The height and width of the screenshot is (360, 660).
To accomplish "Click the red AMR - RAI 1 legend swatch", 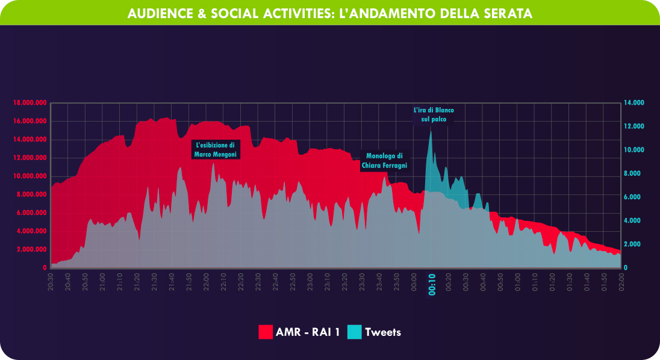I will point(266,332).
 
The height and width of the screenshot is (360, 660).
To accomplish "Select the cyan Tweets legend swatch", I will point(355,332).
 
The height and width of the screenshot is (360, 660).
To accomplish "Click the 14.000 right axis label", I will point(634,103).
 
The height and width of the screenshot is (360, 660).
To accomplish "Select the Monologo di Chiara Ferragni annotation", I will point(385,161).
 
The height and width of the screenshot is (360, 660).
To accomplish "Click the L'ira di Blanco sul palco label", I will point(434,115).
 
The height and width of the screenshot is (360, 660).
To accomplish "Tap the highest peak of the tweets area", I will point(431,132).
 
